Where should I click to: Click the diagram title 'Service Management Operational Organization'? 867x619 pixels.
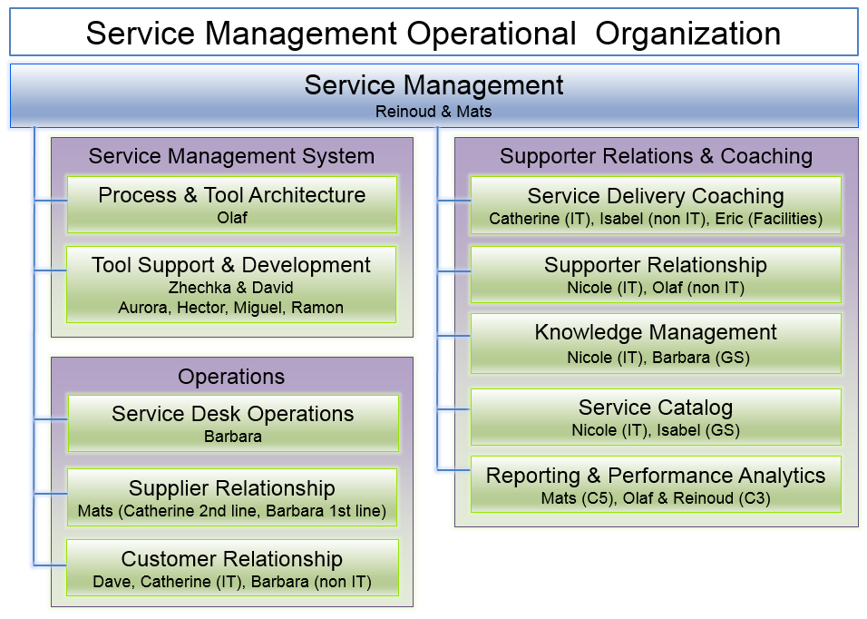pyautogui.click(x=433, y=34)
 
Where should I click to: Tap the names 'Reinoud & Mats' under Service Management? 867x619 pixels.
pyautogui.click(x=433, y=112)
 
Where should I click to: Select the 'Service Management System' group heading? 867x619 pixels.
pyautogui.click(x=231, y=156)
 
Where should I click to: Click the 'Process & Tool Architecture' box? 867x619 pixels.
pyautogui.click(x=232, y=205)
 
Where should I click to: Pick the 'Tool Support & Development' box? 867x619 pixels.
pyautogui.click(x=231, y=284)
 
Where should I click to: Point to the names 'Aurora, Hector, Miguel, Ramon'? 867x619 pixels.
pyautogui.click(x=231, y=308)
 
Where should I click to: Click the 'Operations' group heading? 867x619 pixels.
pyautogui.click(x=231, y=377)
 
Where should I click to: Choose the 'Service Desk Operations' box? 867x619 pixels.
pyautogui.click(x=233, y=423)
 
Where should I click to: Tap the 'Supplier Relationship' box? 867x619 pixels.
pyautogui.click(x=232, y=497)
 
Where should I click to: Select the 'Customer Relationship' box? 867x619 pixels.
pyautogui.click(x=232, y=567)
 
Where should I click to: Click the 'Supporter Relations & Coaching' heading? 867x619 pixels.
pyautogui.click(x=657, y=156)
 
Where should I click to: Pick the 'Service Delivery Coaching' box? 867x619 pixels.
pyautogui.click(x=656, y=205)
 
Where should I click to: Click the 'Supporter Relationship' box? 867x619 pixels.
pyautogui.click(x=656, y=274)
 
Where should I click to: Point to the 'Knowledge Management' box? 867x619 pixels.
pyautogui.click(x=656, y=343)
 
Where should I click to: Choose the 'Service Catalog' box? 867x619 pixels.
pyautogui.click(x=656, y=418)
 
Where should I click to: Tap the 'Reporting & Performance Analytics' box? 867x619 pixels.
pyautogui.click(x=656, y=484)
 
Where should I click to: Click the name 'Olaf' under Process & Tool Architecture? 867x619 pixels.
pyautogui.click(x=232, y=218)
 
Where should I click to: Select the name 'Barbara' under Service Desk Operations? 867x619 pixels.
pyautogui.click(x=233, y=437)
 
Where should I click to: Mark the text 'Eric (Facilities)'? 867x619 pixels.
pyautogui.click(x=768, y=219)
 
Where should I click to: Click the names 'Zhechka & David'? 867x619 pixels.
pyautogui.click(x=231, y=288)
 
